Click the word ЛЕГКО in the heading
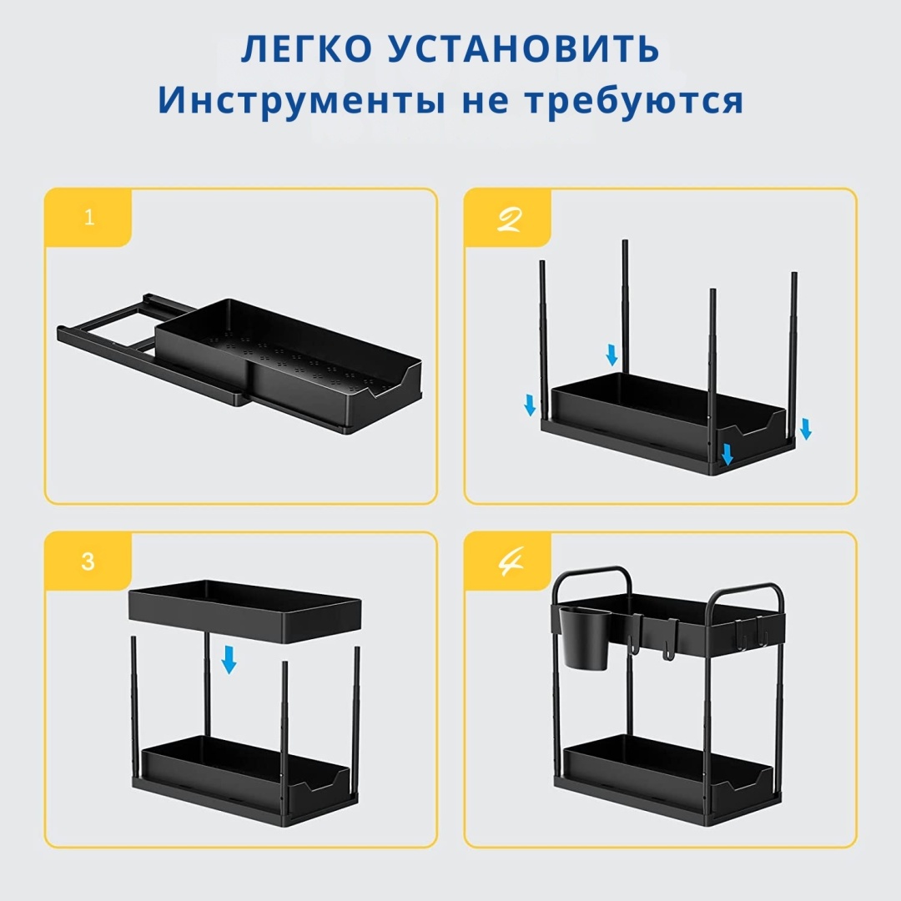coord(306,48)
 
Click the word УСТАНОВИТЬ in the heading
coord(523,48)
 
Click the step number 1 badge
coord(88,217)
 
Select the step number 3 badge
coord(88,561)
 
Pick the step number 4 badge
coord(509,561)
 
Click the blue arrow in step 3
coord(229,660)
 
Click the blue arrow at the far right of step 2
coord(806,429)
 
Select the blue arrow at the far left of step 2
coord(530,405)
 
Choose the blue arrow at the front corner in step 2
coord(727,454)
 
